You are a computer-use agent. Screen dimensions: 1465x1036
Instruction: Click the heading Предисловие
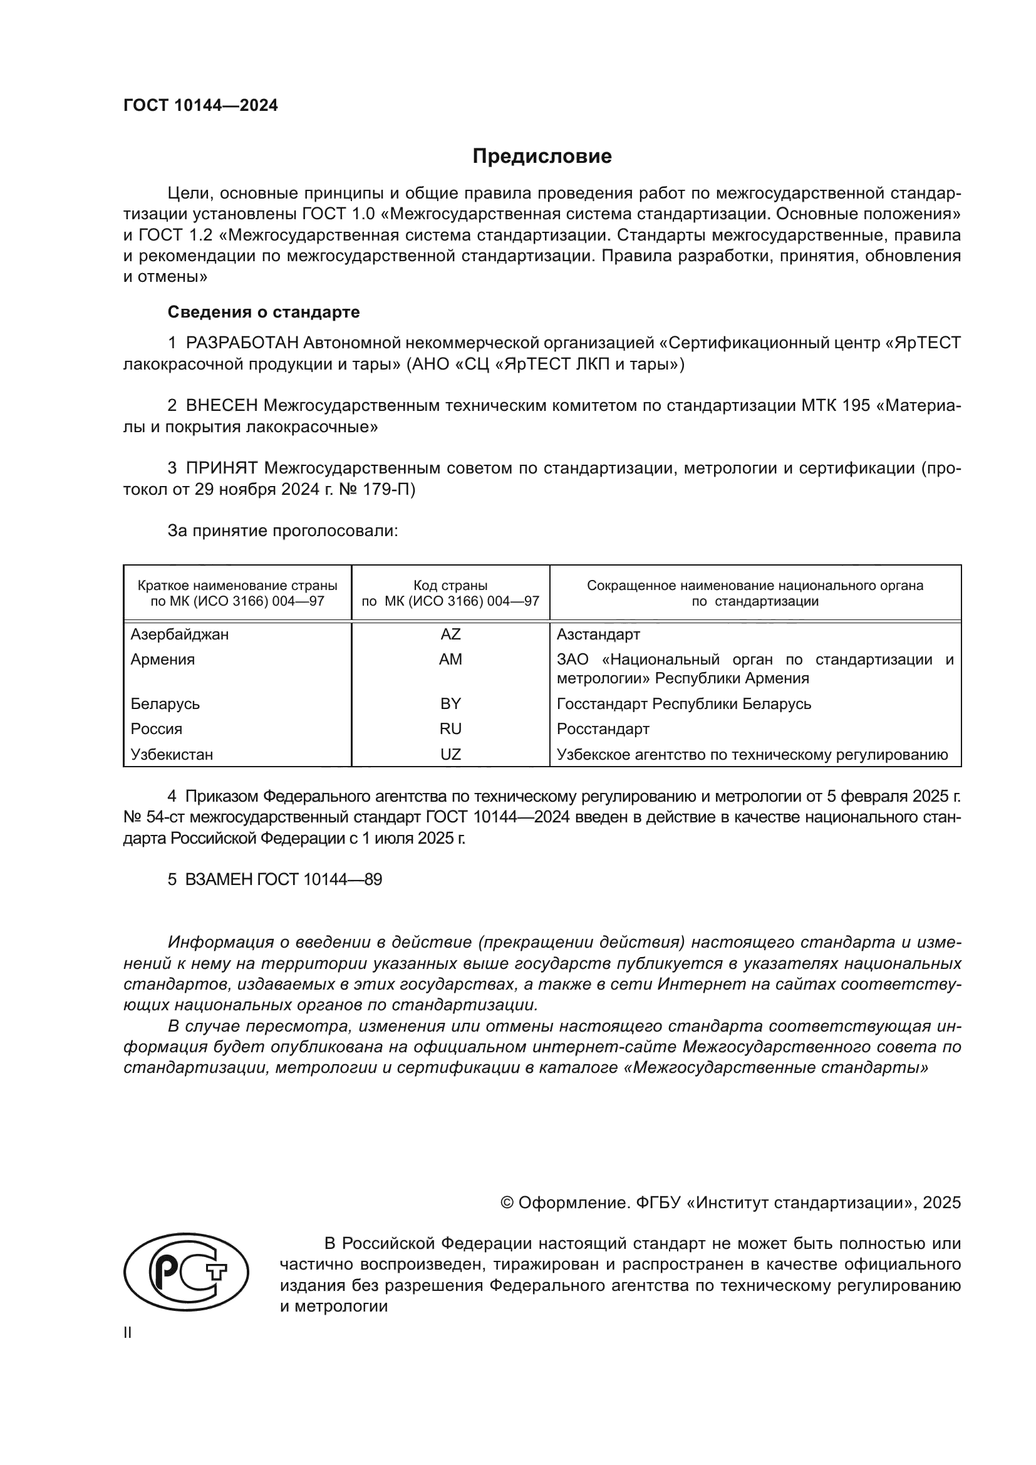pyautogui.click(x=542, y=157)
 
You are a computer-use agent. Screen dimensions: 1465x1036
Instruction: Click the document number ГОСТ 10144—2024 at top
pyautogui.click(x=200, y=106)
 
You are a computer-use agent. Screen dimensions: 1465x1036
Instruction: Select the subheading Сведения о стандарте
pyautogui.click(x=264, y=312)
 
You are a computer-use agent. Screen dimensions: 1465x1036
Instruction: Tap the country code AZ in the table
pyautogui.click(x=450, y=634)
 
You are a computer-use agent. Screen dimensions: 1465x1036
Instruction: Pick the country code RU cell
pyautogui.click(x=450, y=728)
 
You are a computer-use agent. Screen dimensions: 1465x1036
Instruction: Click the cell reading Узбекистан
pyautogui.click(x=172, y=754)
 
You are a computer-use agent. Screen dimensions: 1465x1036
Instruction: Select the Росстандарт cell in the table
pyautogui.click(x=602, y=728)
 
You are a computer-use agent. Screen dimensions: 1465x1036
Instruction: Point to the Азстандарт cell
pyautogui.click(x=598, y=634)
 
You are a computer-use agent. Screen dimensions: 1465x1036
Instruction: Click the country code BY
pyautogui.click(x=450, y=704)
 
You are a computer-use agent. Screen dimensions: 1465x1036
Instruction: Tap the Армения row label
pyautogui.click(x=163, y=659)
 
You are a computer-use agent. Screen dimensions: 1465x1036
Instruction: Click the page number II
pyautogui.click(x=128, y=1332)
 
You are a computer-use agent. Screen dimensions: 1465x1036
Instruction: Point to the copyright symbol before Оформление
pyautogui.click(x=507, y=1203)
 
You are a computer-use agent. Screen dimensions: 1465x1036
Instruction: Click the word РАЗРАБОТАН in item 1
pyautogui.click(x=242, y=343)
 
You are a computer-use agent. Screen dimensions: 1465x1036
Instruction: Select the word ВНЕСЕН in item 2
pyautogui.click(x=221, y=406)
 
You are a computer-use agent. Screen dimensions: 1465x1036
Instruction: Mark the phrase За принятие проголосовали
pyautogui.click(x=282, y=531)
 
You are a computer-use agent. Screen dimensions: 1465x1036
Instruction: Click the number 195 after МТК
pyautogui.click(x=856, y=406)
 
